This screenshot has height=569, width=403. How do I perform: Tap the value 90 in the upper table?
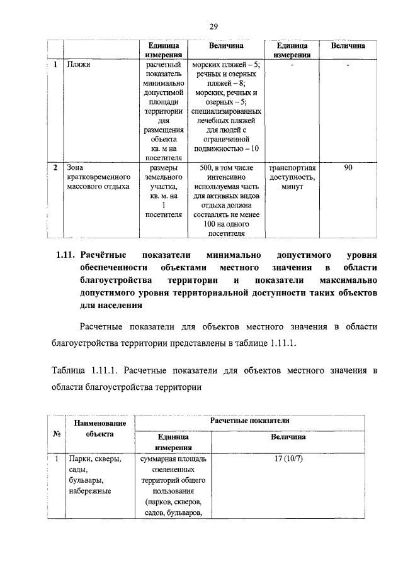click(x=348, y=168)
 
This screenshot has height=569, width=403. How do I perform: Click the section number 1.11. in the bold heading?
click(x=63, y=255)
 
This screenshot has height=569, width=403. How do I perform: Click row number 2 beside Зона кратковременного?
click(x=56, y=168)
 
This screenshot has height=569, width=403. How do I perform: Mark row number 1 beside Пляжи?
click(x=56, y=64)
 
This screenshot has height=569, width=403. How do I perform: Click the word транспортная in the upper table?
click(x=292, y=168)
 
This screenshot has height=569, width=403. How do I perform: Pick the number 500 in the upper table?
click(x=207, y=168)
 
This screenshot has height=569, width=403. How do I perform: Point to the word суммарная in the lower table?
click(x=162, y=458)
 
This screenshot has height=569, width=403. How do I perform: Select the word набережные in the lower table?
click(x=90, y=490)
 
